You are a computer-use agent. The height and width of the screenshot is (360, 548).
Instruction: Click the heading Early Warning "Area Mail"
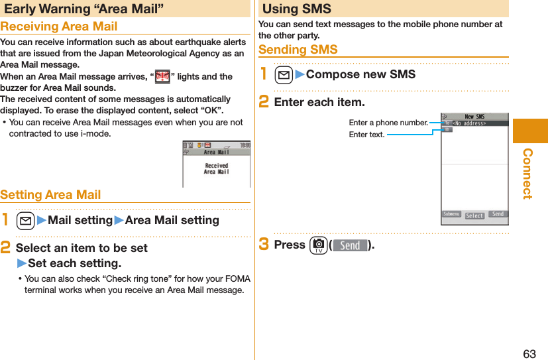(x=84, y=9)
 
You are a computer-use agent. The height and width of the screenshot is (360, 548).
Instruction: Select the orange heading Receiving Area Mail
(x=59, y=27)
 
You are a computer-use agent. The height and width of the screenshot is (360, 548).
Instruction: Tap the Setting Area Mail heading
(x=50, y=195)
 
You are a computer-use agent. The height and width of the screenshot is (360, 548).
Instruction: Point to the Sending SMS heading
(x=298, y=50)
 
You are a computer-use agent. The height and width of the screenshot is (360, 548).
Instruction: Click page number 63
(x=529, y=353)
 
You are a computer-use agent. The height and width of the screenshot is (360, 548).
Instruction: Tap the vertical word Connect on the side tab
(x=527, y=173)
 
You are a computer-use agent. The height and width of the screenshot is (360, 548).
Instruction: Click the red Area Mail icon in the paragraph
(x=162, y=77)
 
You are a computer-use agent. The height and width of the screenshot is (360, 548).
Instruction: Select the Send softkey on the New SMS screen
(x=498, y=214)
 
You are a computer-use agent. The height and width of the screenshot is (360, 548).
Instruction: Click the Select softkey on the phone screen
(x=474, y=215)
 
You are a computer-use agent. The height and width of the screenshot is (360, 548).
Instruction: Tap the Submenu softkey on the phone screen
(x=452, y=214)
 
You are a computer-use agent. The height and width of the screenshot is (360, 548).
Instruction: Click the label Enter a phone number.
(x=388, y=123)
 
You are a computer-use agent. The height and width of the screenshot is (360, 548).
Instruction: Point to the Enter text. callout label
(x=366, y=135)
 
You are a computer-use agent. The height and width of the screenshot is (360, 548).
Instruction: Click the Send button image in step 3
(x=350, y=245)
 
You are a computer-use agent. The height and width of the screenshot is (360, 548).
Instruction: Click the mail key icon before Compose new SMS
(x=283, y=74)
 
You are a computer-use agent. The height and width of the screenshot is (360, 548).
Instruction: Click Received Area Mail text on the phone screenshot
(x=216, y=168)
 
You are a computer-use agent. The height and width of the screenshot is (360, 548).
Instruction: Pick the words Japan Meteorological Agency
(x=158, y=54)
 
